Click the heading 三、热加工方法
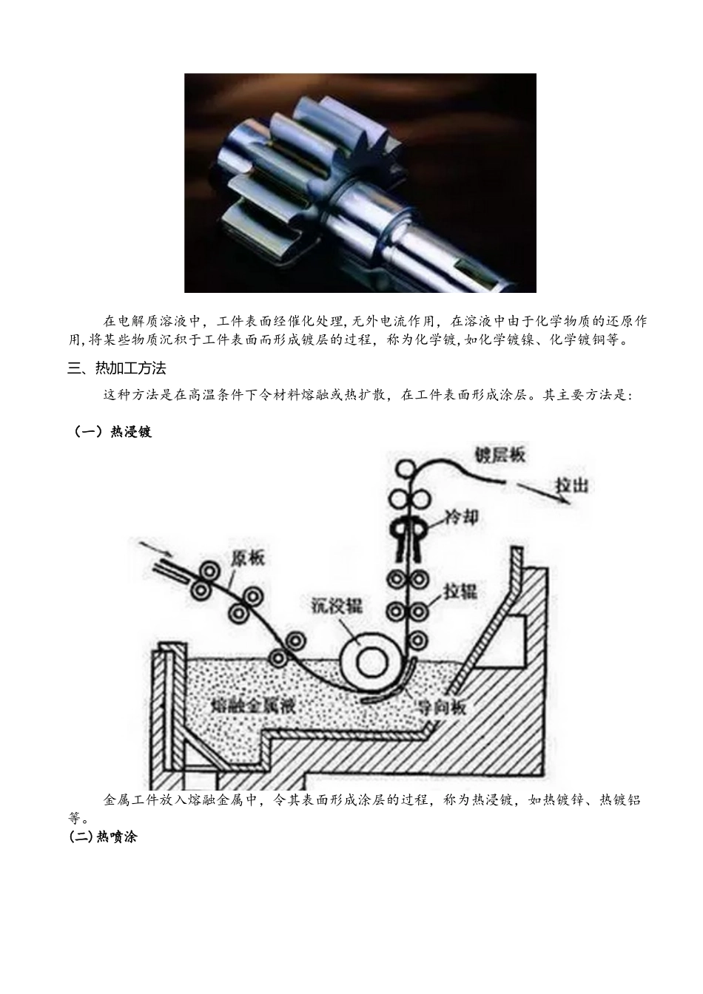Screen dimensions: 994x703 click(x=117, y=368)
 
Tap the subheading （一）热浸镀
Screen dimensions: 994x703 click(x=111, y=432)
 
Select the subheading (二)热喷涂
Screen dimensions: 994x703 click(x=103, y=837)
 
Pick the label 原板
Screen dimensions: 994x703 click(x=248, y=558)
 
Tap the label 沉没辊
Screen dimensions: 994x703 click(x=335, y=606)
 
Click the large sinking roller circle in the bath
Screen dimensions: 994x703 click(x=369, y=660)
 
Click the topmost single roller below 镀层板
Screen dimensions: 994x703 click(x=404, y=468)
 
